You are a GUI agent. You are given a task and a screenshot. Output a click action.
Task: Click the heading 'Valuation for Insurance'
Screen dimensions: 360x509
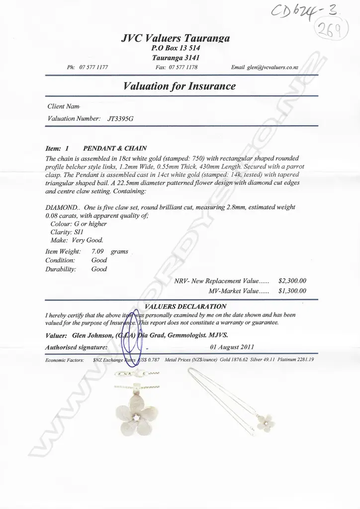(x=179, y=86)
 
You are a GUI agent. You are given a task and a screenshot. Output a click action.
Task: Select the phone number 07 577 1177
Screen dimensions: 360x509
(x=93, y=67)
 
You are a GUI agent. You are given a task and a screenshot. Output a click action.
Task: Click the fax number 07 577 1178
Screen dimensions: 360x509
(x=183, y=67)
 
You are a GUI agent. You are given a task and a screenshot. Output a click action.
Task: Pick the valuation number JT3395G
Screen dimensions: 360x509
(x=120, y=119)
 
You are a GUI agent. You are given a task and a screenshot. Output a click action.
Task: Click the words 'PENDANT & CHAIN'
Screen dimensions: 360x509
(x=115, y=148)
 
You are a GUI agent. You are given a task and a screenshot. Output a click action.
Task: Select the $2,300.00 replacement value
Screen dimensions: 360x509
(x=292, y=281)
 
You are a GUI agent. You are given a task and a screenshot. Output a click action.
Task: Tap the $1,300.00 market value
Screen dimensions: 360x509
(x=292, y=291)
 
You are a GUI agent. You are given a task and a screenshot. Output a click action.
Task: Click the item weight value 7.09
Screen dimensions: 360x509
(x=97, y=252)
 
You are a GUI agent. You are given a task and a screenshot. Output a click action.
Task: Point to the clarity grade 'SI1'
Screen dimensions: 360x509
(x=82, y=232)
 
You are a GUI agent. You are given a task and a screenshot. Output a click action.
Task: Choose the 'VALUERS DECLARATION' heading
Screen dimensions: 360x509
(x=185, y=306)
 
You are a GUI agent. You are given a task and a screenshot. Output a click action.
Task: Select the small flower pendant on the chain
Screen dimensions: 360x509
(x=266, y=422)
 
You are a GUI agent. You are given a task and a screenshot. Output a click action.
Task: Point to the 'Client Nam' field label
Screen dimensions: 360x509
(x=63, y=106)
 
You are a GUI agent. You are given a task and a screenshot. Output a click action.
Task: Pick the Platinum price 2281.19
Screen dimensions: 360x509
(x=305, y=359)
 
